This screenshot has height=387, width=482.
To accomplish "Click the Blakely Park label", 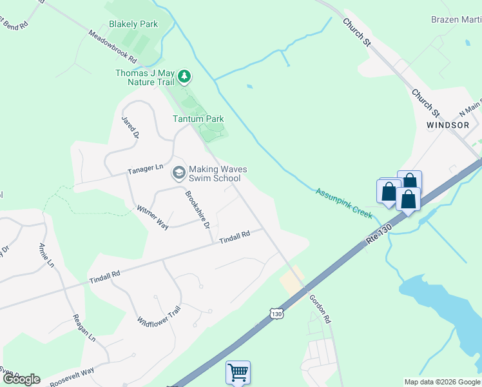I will (x=133, y=24).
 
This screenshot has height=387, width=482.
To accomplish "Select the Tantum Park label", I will (x=198, y=119).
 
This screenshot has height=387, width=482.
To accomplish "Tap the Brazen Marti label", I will (x=456, y=20).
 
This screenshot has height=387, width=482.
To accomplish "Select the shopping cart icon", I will (x=238, y=372).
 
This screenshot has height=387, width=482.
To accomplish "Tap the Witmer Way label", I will (x=153, y=217).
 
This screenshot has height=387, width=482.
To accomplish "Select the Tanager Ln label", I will (x=146, y=169).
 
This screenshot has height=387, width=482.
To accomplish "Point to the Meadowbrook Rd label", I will (x=113, y=46).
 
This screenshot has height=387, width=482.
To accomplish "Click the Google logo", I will (x=21, y=379).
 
